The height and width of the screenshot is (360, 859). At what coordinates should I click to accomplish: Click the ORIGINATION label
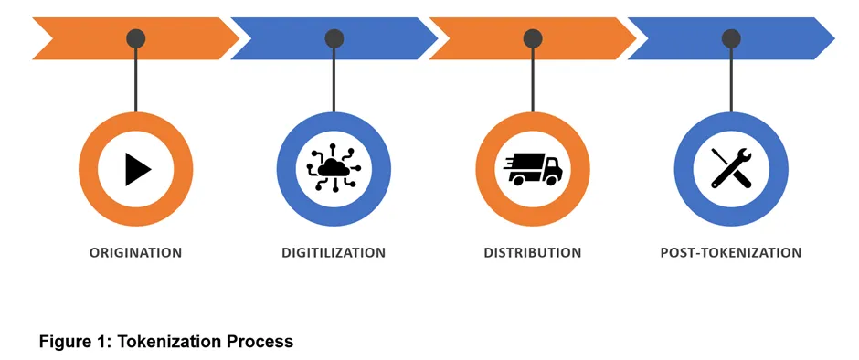[x=135, y=252]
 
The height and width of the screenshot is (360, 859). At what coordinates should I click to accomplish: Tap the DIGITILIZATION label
[x=334, y=252]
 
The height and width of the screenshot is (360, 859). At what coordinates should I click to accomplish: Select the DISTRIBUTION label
[x=532, y=252]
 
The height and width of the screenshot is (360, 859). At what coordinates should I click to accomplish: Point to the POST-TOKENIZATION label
[x=730, y=252]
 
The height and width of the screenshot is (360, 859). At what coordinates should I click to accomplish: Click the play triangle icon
[x=137, y=169]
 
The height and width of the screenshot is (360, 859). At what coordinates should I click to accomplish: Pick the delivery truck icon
[x=533, y=169]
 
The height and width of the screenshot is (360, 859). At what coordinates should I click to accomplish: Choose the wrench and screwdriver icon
[x=731, y=169]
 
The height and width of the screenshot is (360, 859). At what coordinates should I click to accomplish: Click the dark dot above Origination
[x=136, y=38]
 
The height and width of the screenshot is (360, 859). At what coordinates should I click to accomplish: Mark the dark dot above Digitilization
[x=334, y=38]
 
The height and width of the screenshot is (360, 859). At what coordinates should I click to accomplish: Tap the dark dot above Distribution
[x=533, y=38]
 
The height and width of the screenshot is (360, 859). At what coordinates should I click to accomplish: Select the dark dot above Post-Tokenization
[x=731, y=38]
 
